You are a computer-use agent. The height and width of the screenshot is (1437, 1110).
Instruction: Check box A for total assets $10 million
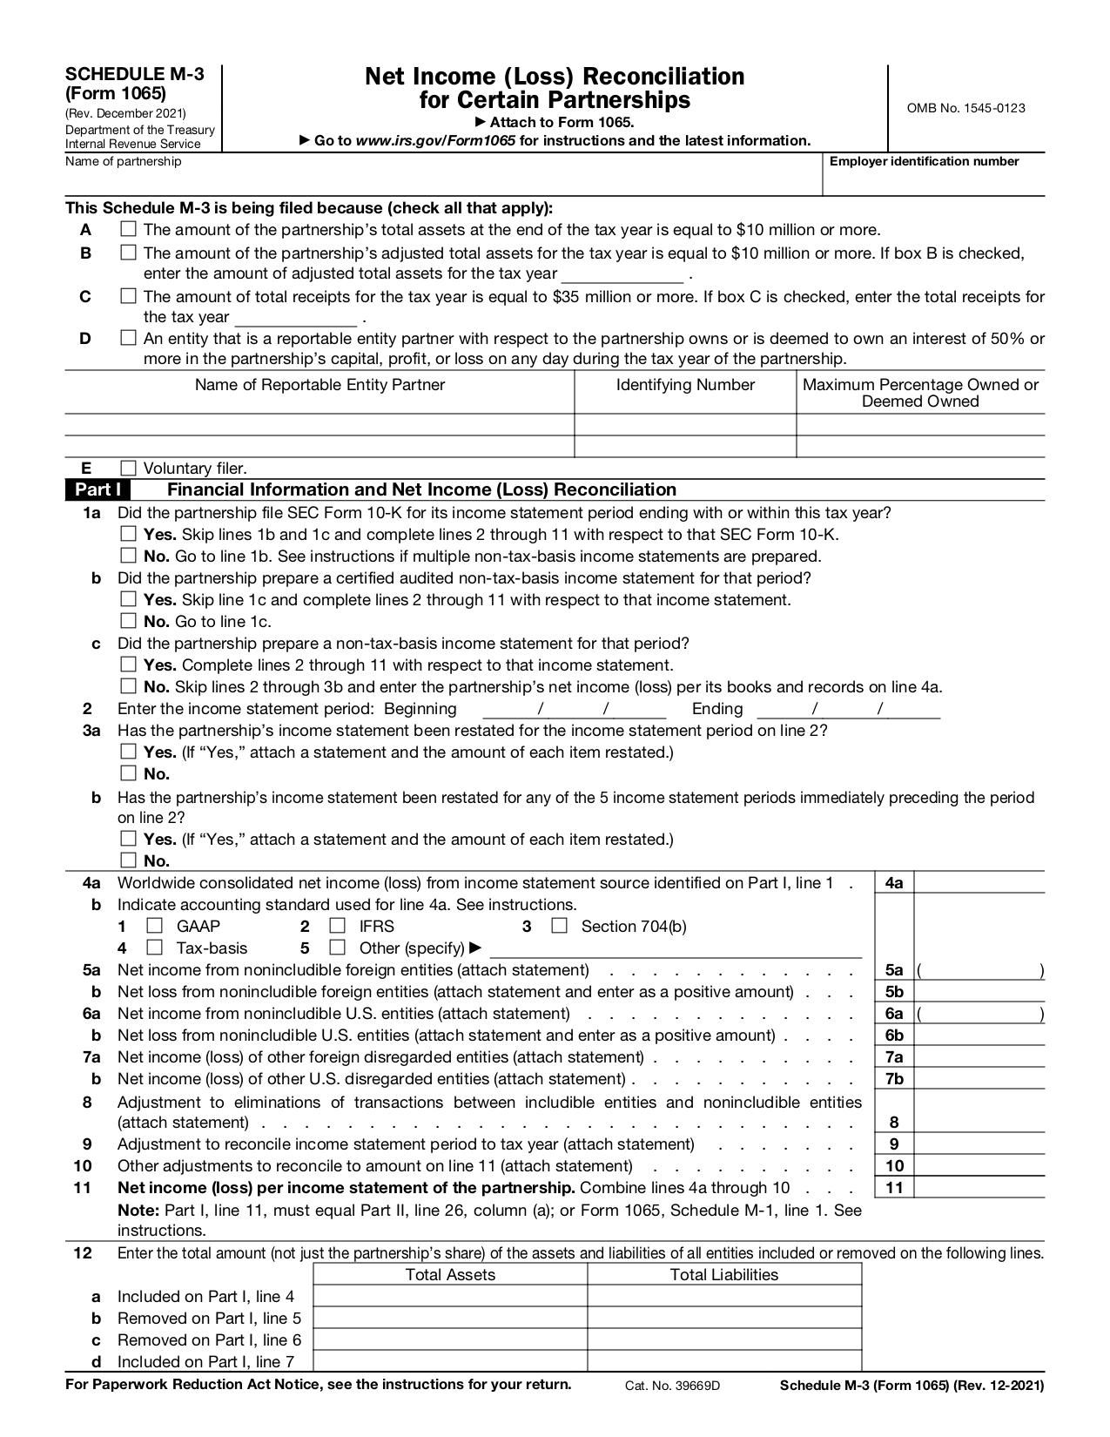(x=128, y=230)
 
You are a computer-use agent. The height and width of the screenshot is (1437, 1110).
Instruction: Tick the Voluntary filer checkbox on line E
(x=128, y=468)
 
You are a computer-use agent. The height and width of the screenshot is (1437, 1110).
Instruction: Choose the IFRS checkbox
(x=338, y=926)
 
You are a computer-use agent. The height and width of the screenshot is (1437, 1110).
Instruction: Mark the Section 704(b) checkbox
(x=559, y=926)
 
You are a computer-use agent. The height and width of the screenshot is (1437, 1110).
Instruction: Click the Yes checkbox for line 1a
(x=128, y=534)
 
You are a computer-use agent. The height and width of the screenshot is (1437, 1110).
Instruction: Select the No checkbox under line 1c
(x=128, y=686)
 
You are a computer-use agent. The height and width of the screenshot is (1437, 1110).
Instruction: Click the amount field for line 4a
(x=979, y=882)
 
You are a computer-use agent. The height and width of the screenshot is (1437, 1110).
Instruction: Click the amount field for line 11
(x=979, y=1187)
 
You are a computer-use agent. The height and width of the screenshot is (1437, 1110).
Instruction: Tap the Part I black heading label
(x=97, y=489)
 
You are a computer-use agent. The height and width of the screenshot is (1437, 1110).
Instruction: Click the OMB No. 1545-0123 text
(x=965, y=108)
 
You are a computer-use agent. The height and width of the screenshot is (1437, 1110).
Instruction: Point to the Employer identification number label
(x=924, y=161)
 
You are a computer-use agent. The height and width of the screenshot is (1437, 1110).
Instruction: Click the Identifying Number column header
(x=685, y=385)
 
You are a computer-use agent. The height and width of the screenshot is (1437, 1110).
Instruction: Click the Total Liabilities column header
(x=723, y=1275)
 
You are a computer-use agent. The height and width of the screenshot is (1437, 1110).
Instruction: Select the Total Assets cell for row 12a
(x=449, y=1296)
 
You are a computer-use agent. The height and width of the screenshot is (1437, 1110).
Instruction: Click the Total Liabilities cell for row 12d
(x=723, y=1361)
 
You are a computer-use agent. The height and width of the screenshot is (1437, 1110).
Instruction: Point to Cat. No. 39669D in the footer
(x=672, y=1386)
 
